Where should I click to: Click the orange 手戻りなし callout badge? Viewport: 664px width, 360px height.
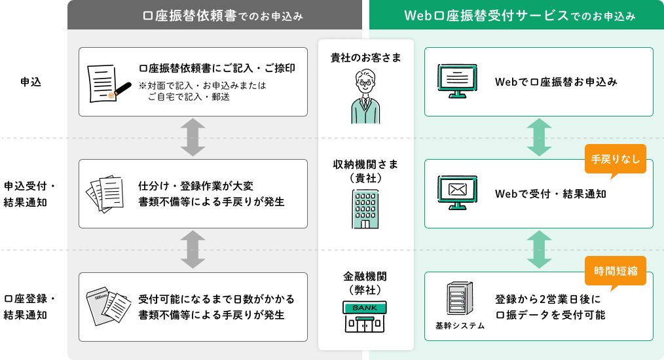tap(615, 159)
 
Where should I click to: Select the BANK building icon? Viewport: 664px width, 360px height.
tap(365, 316)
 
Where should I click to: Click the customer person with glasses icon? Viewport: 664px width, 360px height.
tap(365, 97)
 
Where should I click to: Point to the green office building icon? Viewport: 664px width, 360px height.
tap(365, 208)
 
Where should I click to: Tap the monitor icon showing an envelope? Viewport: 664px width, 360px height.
tap(457, 192)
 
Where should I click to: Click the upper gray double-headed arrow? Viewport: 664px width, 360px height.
tap(193, 137)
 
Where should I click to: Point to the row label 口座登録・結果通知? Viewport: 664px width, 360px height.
tap(29, 306)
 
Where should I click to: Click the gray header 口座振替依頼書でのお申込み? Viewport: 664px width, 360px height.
tap(214, 15)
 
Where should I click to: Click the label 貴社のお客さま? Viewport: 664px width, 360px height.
tap(365, 58)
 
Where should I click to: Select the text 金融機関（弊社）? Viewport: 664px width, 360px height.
tap(365, 282)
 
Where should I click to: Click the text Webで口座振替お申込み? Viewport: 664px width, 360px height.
tap(556, 82)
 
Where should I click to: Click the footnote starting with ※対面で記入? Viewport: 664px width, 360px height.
tap(203, 91)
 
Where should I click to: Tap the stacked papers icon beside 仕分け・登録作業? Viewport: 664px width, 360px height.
tap(106, 193)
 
